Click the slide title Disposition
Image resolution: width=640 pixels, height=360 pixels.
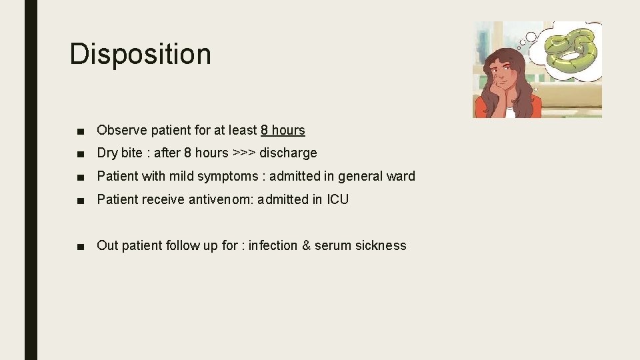click(x=140, y=54)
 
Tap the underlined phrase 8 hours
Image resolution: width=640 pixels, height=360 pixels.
click(x=283, y=131)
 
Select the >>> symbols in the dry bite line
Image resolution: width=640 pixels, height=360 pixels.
click(x=244, y=153)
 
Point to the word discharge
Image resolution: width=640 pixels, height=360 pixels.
click(x=288, y=153)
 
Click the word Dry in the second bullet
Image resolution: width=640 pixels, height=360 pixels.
click(x=108, y=153)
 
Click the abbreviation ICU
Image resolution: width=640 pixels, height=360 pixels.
click(x=337, y=199)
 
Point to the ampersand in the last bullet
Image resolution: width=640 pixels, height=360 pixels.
click(x=306, y=245)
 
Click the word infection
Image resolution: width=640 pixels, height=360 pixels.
click(x=273, y=245)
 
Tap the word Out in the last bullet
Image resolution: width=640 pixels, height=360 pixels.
click(x=107, y=245)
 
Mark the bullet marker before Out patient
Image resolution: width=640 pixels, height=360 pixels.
click(x=80, y=246)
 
